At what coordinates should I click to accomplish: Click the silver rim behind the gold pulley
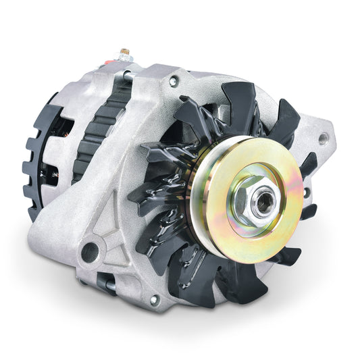(x=196, y=203)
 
